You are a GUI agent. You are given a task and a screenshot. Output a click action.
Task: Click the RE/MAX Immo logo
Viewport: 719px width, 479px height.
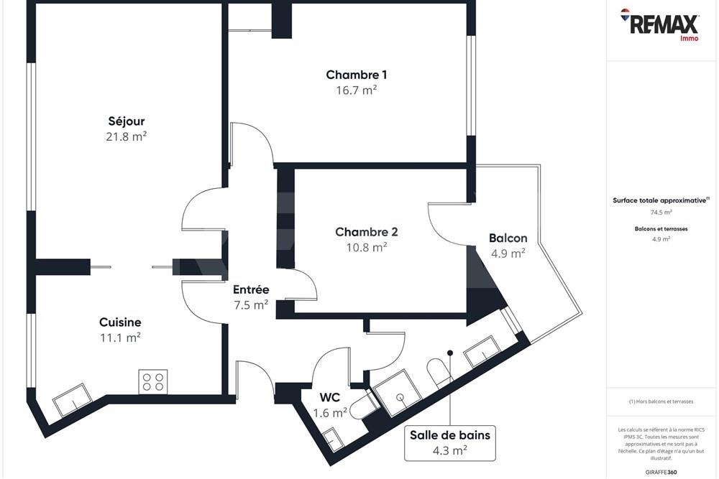661,24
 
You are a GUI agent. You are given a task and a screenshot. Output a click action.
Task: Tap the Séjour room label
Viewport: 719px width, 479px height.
126,121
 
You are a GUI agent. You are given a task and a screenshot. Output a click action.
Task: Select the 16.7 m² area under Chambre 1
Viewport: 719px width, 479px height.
357,90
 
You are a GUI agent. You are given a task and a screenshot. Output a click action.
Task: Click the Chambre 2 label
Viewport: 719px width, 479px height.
366,232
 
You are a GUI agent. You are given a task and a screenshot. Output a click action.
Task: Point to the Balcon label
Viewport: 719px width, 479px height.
508,238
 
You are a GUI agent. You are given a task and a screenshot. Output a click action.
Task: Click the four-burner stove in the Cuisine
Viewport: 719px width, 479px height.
152,381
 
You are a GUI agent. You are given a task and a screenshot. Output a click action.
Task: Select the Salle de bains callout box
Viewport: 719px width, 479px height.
450,442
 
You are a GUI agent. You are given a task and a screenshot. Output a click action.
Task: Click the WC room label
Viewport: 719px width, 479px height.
330,397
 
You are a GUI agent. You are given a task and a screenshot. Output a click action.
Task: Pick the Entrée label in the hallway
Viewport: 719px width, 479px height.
251,289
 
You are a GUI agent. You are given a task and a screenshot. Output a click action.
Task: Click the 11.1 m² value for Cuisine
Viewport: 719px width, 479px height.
119,338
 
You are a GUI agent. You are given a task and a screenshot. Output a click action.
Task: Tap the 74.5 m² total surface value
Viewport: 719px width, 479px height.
661,213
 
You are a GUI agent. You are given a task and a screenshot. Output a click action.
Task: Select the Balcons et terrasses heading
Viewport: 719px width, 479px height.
661,228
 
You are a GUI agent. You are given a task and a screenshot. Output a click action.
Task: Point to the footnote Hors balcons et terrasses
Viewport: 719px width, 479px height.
661,401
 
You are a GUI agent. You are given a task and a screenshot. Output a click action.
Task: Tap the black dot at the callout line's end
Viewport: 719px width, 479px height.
450,353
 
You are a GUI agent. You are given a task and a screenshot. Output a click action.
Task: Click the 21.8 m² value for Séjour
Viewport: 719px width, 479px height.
126,136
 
